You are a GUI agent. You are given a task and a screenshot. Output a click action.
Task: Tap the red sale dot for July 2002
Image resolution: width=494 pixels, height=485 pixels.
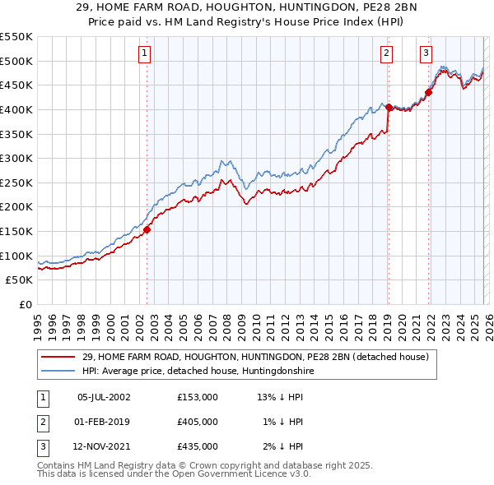point(147,230)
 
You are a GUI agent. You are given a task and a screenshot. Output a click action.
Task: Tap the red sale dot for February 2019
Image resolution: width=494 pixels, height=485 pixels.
point(389,107)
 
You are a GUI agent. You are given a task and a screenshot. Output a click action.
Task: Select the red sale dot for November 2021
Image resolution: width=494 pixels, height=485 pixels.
point(429,92)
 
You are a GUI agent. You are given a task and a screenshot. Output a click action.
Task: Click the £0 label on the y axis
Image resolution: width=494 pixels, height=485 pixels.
point(26,304)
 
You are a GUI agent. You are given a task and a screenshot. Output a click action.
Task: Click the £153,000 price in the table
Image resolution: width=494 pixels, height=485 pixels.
point(197,397)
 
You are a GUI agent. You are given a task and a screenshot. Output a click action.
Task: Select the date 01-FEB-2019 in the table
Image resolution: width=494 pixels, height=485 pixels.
point(103,422)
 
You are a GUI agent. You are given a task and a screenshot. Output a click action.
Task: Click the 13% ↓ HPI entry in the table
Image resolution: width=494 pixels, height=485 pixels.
point(280,397)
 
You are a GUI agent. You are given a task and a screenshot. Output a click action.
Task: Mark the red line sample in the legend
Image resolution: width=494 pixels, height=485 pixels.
point(58,358)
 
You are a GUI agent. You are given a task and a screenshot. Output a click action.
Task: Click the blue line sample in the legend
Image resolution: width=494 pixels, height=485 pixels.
point(58,372)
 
